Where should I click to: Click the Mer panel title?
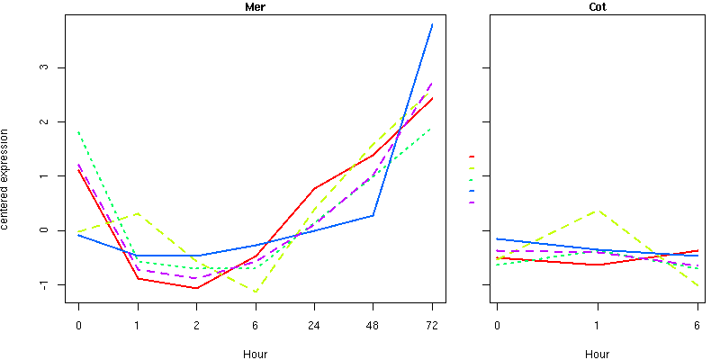pos(255,6)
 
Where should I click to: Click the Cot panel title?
pos(597,6)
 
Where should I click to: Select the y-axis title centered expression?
pos(6,179)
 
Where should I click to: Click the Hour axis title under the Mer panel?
pos(255,354)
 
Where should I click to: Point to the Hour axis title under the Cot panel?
pos(597,354)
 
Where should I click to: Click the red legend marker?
pos(472,157)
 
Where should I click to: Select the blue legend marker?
pos(472,191)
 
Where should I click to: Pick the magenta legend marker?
pos(472,202)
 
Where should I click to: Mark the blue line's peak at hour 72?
pos(432,24)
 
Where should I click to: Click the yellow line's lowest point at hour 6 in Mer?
pos(256,292)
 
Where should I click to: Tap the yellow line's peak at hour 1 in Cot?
pos(597,211)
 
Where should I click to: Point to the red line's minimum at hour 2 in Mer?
pos(196,288)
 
